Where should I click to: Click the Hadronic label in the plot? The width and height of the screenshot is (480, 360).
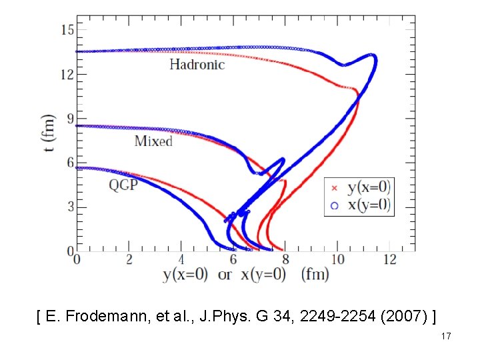coord(197,65)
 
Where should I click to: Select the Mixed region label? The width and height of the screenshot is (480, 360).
coord(153,141)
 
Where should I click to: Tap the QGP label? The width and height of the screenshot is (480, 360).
coord(123,185)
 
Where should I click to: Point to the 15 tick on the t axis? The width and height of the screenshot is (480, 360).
coord(66,29)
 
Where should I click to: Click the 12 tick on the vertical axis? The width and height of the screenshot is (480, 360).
coord(66,74)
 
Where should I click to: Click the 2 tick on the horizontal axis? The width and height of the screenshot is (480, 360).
coord(129,259)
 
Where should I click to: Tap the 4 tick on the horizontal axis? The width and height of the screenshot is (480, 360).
coord(181,259)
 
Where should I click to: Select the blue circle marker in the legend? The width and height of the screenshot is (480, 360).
coord(335,205)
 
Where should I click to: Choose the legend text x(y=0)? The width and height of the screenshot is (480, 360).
coord(368,205)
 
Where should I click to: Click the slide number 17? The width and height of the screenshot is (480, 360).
coord(446,337)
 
